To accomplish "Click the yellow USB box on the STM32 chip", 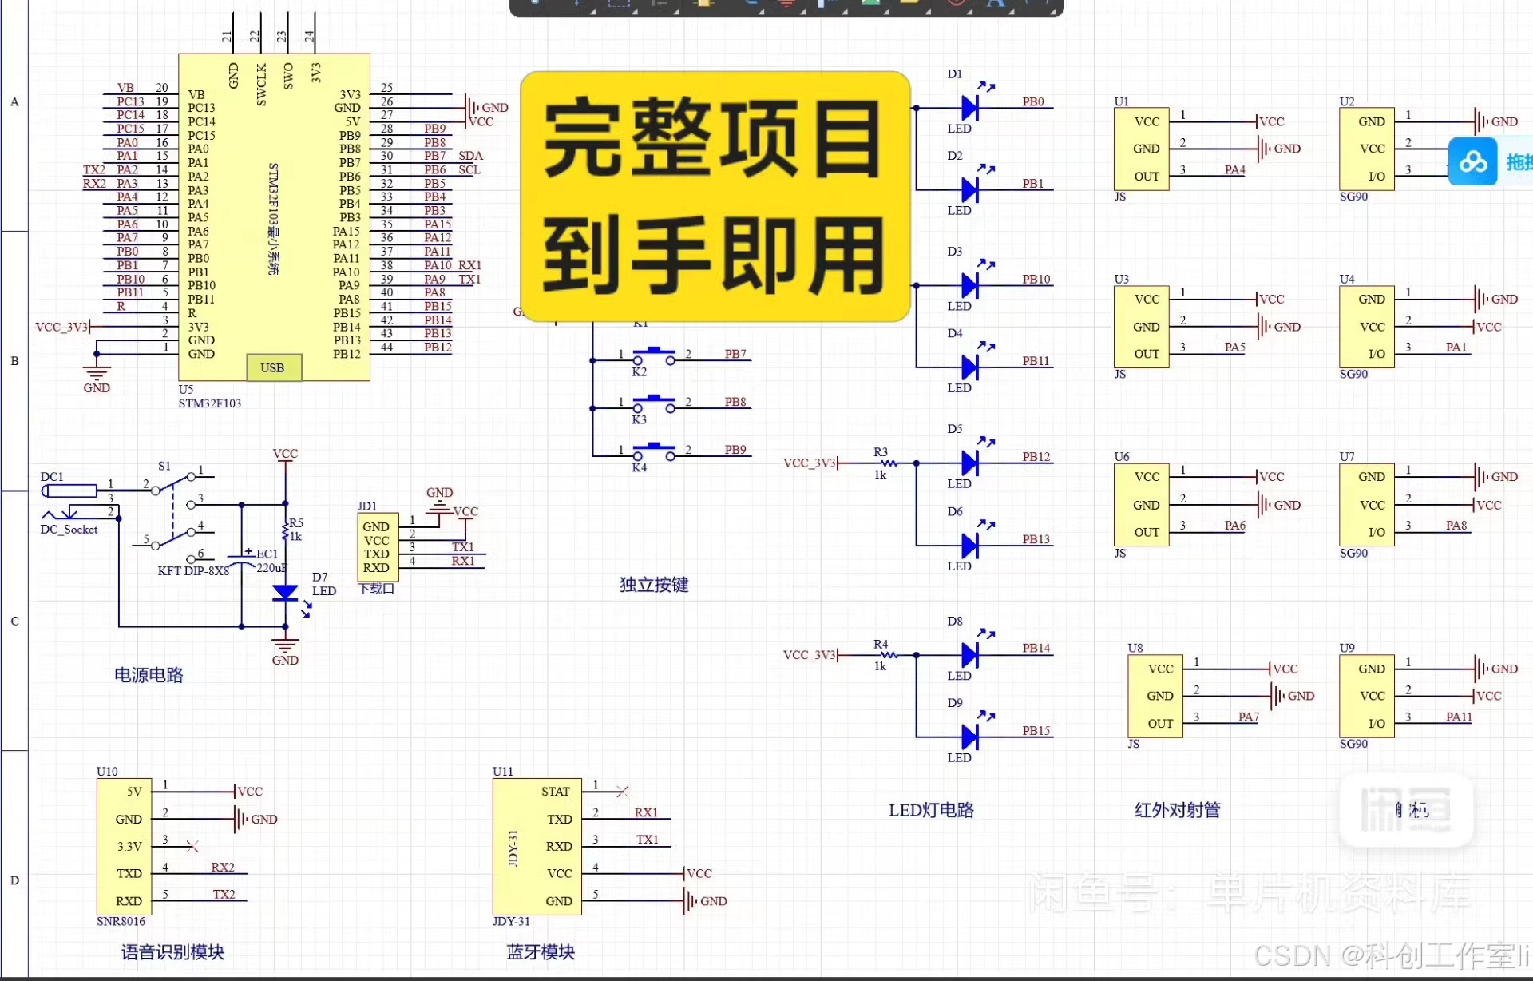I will pos(273,367).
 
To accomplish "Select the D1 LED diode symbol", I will pos(969,107).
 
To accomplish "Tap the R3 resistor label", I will pos(880,452).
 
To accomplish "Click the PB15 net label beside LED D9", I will pos(1036,730).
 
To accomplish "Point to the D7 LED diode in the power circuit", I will pos(285,593).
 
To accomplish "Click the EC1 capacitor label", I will pos(267,554).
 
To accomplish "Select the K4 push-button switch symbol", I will pos(654,451).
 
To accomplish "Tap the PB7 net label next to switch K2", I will pos(735,354).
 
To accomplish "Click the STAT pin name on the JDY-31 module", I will pos(556,792).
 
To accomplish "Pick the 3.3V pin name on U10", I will pos(129,847).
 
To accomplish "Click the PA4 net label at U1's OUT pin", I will pos(1234,169).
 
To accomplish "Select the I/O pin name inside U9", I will pos(1377,724).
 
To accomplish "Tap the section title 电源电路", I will pos(149,675).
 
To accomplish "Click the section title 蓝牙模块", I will pos(541,952).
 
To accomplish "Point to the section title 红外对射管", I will pos(1178,810).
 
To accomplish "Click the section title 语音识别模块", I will pos(172,952).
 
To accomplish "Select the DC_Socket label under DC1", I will pos(69,530).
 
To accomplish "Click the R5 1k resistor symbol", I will pos(285,530).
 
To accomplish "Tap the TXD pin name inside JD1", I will pos(376,554).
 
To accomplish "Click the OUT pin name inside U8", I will pos(1160,724).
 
